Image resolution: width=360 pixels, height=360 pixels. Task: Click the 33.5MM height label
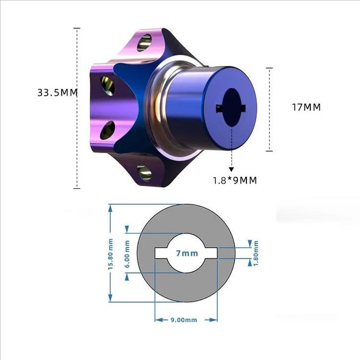[58, 93]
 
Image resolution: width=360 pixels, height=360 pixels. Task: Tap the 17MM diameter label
[306, 107]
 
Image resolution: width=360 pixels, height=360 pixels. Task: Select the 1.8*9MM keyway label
[235, 180]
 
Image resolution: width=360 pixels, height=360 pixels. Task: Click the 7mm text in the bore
[187, 253]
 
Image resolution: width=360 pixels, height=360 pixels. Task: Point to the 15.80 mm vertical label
[111, 254]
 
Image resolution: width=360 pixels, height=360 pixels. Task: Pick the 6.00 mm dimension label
[127, 254]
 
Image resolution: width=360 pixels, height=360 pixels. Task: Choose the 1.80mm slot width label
[256, 253]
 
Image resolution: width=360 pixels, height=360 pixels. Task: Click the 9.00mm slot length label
[183, 320]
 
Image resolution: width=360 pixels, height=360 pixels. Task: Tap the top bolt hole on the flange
[144, 43]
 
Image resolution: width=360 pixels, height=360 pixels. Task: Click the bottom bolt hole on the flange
[144, 173]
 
